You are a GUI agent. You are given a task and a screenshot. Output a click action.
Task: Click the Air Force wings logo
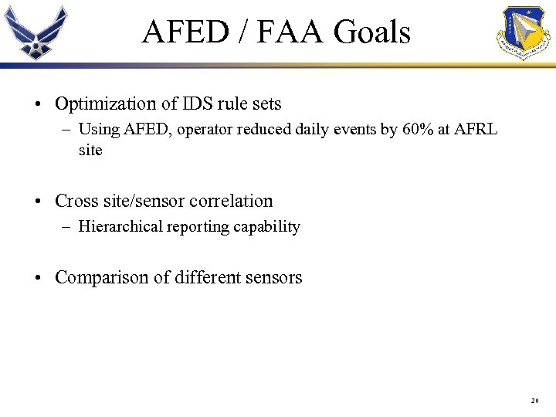click(36, 32)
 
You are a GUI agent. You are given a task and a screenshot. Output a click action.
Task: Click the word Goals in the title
click(372, 32)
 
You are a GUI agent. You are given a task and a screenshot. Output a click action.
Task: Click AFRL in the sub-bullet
click(476, 129)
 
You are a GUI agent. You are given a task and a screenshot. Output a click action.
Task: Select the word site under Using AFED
click(90, 150)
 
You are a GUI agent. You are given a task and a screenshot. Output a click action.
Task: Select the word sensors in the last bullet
click(275, 277)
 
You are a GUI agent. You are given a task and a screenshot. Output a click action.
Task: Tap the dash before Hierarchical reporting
click(67, 226)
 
